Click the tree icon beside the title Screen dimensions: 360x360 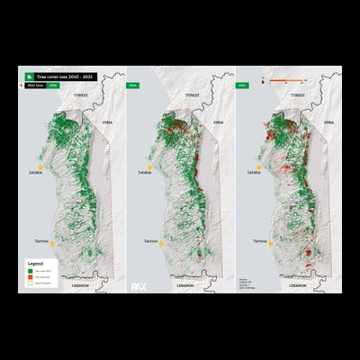coord(31,77)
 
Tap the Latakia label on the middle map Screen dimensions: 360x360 coord(139,171)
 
